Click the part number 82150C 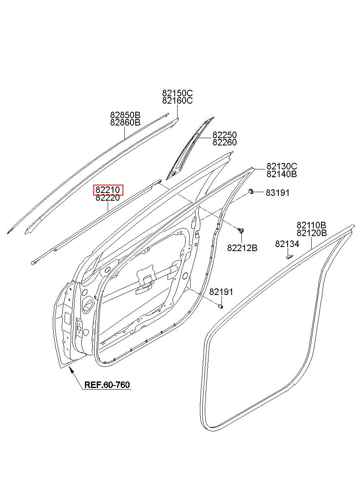(177, 93)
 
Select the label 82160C (177, 101)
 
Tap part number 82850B (125, 115)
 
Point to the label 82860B (125, 122)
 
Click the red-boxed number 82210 (108, 190)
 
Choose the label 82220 (108, 198)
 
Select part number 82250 (225, 135)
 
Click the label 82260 (225, 143)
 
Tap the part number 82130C (282, 167)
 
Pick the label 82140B (282, 174)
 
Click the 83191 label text (278, 193)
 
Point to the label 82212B (242, 248)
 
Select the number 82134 (287, 244)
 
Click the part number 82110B (311, 225)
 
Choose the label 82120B (311, 233)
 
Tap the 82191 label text (221, 292)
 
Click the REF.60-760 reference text (107, 385)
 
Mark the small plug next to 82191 (221, 306)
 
